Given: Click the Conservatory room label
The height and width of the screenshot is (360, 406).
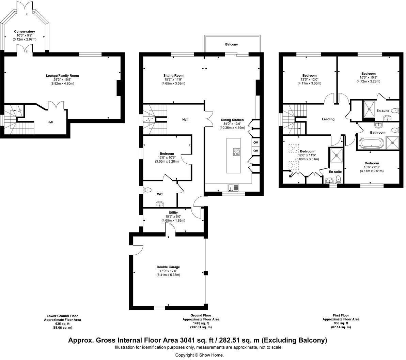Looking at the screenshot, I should click(x=25, y=31).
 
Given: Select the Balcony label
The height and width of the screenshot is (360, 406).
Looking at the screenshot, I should click(x=232, y=44).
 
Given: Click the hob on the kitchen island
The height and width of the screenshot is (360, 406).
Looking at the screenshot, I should click(x=237, y=152).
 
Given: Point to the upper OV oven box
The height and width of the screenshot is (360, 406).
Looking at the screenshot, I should click(x=256, y=142).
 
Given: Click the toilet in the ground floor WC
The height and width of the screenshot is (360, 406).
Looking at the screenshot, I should click(x=147, y=190).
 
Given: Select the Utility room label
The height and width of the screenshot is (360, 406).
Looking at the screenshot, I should click(x=173, y=213).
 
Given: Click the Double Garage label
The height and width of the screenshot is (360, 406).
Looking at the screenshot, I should click(x=168, y=267).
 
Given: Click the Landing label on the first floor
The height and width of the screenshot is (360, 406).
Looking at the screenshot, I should click(x=328, y=119).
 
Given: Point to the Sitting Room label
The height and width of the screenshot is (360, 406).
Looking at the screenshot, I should click(x=173, y=75).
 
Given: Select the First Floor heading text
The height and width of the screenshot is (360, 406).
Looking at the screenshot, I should click(x=341, y=315).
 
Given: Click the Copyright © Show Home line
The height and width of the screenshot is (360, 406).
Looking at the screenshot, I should click(x=199, y=355).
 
